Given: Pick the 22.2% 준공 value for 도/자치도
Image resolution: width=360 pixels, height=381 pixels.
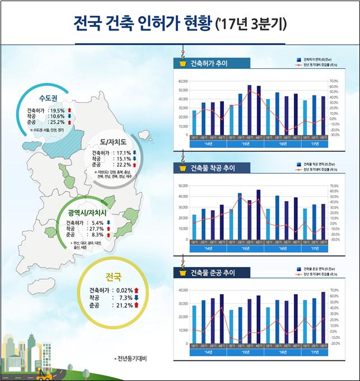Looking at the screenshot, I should click(x=123, y=165).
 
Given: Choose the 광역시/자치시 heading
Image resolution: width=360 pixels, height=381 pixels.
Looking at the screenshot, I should click(x=87, y=213).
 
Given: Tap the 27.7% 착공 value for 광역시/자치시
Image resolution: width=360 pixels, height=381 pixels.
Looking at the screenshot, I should click(x=96, y=229).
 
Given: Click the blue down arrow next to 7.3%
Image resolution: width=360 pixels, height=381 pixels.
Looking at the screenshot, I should click(x=136, y=298).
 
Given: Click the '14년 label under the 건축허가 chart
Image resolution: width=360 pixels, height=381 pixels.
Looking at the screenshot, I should click(x=208, y=145).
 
